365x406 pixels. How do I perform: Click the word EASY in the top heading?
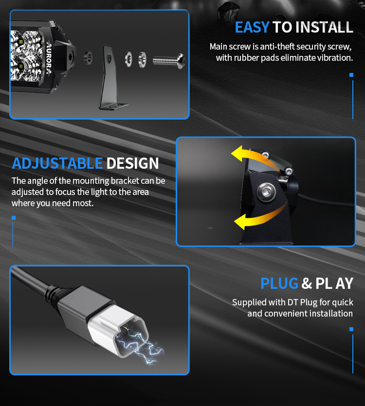pyautogui.click(x=252, y=27)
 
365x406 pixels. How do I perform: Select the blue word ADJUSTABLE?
pyautogui.click(x=57, y=163)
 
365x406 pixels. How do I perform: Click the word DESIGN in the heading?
pyautogui.click(x=132, y=163)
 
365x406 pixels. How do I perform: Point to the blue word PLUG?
pyautogui.click(x=279, y=283)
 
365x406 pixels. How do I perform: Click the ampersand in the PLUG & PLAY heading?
pyautogui.click(x=307, y=283)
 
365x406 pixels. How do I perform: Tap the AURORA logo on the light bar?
pyautogui.click(x=49, y=58)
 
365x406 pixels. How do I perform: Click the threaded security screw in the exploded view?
pyautogui.click(x=169, y=61)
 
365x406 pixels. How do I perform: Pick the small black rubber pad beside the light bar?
pyautogui.click(x=88, y=57)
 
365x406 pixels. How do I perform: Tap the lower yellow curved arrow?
pyautogui.click(x=259, y=217)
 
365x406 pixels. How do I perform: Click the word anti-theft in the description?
pyautogui.click(x=277, y=46)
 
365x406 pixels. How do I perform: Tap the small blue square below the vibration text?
pyautogui.click(x=351, y=75)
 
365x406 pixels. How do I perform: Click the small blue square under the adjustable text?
pyautogui.click(x=14, y=218)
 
